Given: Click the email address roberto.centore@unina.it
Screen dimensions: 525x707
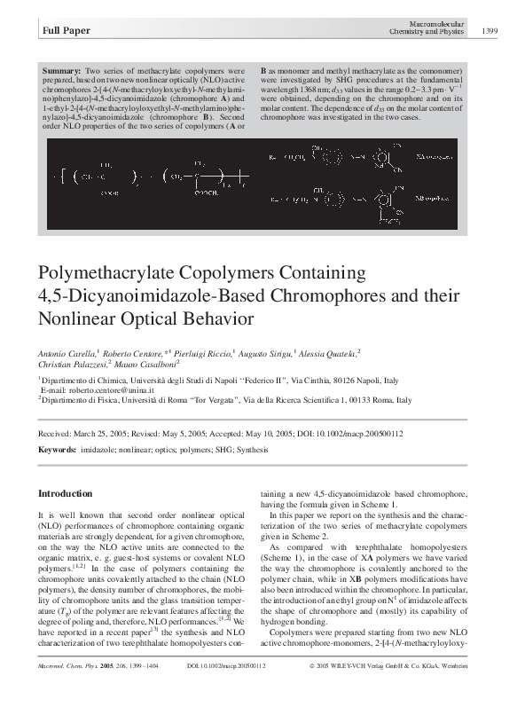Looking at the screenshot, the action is tap(97, 389).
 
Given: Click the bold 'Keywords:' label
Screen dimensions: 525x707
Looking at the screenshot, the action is tap(58, 450).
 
